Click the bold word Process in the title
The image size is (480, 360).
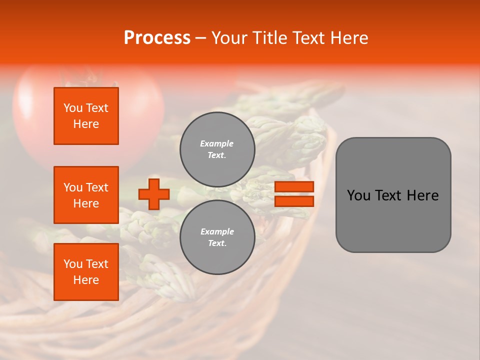[157, 38]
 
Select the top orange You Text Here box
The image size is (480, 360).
[86, 116]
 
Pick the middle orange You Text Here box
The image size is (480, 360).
[86, 195]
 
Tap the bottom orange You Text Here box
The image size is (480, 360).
[86, 272]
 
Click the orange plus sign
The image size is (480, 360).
[154, 194]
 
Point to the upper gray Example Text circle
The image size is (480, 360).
[217, 149]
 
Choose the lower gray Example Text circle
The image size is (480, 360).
[217, 237]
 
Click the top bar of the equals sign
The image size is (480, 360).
[294, 186]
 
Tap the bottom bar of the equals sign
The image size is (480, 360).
[294, 201]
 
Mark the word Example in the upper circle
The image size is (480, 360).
[217, 143]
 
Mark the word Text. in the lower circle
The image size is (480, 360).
[217, 243]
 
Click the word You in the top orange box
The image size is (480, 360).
[73, 108]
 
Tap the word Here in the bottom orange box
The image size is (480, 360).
[86, 280]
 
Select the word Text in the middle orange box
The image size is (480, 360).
[97, 187]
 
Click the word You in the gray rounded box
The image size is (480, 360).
[358, 195]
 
